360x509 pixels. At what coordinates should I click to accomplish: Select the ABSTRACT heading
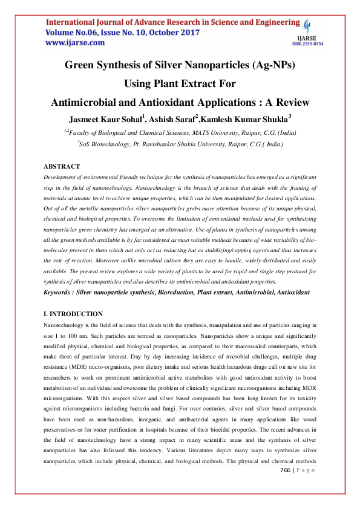click(x=62, y=166)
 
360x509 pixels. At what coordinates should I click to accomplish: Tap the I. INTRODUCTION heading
click(x=73, y=314)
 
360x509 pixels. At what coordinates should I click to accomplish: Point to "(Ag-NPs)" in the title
click(x=267, y=65)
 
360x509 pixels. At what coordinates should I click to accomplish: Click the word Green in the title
click(x=82, y=65)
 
